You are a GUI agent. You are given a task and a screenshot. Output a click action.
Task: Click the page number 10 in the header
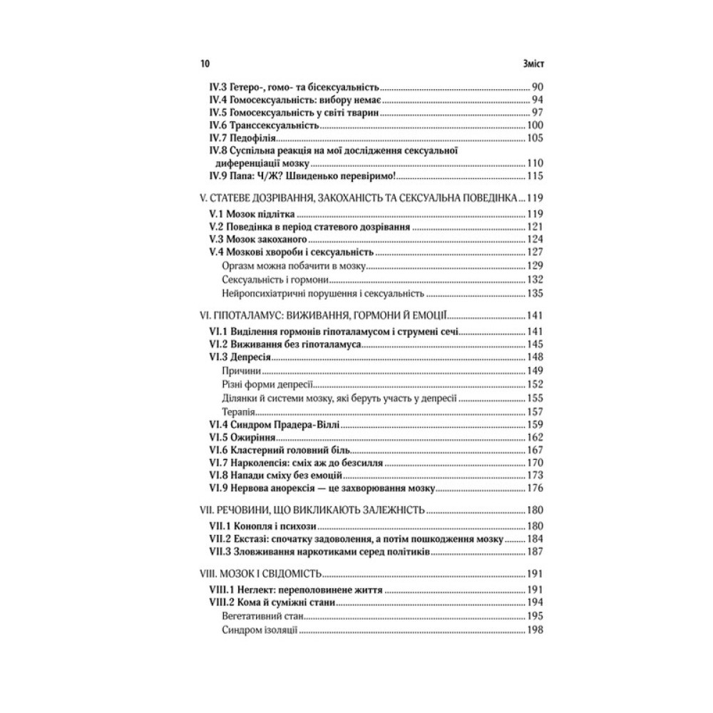(x=205, y=63)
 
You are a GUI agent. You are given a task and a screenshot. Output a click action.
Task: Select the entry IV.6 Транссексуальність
(x=263, y=125)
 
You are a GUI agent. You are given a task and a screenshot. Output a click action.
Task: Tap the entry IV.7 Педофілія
(x=242, y=138)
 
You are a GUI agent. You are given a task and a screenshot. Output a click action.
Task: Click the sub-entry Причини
(x=240, y=371)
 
